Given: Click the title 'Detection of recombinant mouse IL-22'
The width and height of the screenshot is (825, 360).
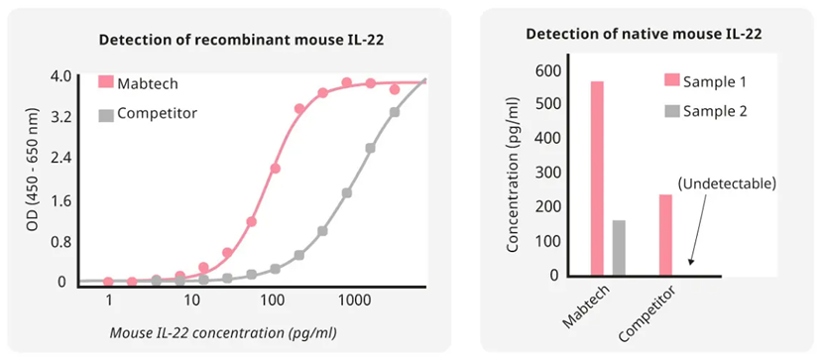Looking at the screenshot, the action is [242, 40].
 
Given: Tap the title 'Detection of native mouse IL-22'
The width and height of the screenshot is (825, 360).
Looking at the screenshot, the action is [645, 35].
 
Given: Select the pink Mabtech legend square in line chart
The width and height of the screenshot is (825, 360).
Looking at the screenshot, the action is [106, 82].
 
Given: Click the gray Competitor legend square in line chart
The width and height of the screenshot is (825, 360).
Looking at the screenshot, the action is [106, 114].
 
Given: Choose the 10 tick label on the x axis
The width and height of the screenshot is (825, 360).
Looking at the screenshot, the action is [191, 301].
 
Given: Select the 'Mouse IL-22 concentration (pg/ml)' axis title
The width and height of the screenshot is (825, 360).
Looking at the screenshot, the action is [223, 332].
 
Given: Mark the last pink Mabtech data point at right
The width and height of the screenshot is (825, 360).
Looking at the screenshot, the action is [394, 90].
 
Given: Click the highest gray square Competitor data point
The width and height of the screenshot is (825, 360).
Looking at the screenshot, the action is [394, 112].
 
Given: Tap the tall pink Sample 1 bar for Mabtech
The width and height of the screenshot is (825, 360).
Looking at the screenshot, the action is [597, 179].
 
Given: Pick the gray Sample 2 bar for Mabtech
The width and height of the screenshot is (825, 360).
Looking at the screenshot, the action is [619, 248].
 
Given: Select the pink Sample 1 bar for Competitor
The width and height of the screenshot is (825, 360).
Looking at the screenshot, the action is [665, 235].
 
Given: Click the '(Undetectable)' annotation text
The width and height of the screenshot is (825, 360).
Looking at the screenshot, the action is [727, 184].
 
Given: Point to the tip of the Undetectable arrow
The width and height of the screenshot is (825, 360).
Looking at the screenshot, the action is [690, 264].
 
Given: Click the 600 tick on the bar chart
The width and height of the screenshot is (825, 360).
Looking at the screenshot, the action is [547, 71].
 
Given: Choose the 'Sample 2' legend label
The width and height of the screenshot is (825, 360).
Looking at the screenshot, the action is [715, 111].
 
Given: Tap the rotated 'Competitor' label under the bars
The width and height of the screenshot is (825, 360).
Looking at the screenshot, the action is [648, 313].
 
